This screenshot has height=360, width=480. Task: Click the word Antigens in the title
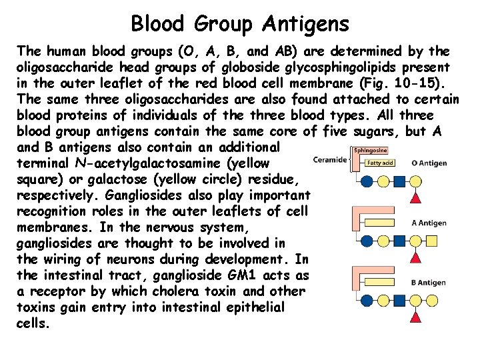(x=305, y=24)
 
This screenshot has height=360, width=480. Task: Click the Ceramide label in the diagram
(x=330, y=159)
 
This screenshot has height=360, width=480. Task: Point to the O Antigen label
(x=429, y=162)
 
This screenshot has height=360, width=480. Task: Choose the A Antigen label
(x=428, y=223)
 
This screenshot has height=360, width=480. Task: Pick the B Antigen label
(x=428, y=282)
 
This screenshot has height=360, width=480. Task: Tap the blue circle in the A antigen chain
(x=365, y=241)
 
